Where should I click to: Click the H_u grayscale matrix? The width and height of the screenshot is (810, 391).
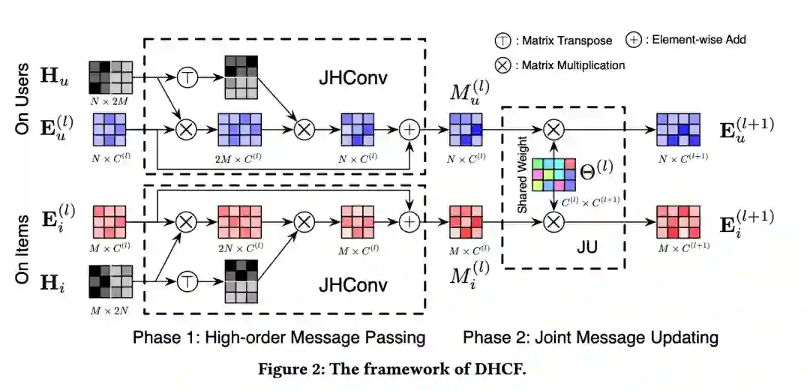pos(111,77)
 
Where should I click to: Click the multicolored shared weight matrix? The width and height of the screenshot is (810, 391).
pos(553,175)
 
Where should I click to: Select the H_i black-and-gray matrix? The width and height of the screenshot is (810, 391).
pos(111,282)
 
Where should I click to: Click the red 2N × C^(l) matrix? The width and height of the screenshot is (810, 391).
pos(240,222)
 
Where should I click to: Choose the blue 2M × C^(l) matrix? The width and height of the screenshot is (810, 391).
pos(240,128)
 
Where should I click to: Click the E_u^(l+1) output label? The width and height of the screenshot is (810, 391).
pos(745,128)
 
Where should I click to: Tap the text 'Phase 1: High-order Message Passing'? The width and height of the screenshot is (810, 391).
pos(279,337)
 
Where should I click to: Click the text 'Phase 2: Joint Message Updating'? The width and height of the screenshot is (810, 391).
pos(590,337)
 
